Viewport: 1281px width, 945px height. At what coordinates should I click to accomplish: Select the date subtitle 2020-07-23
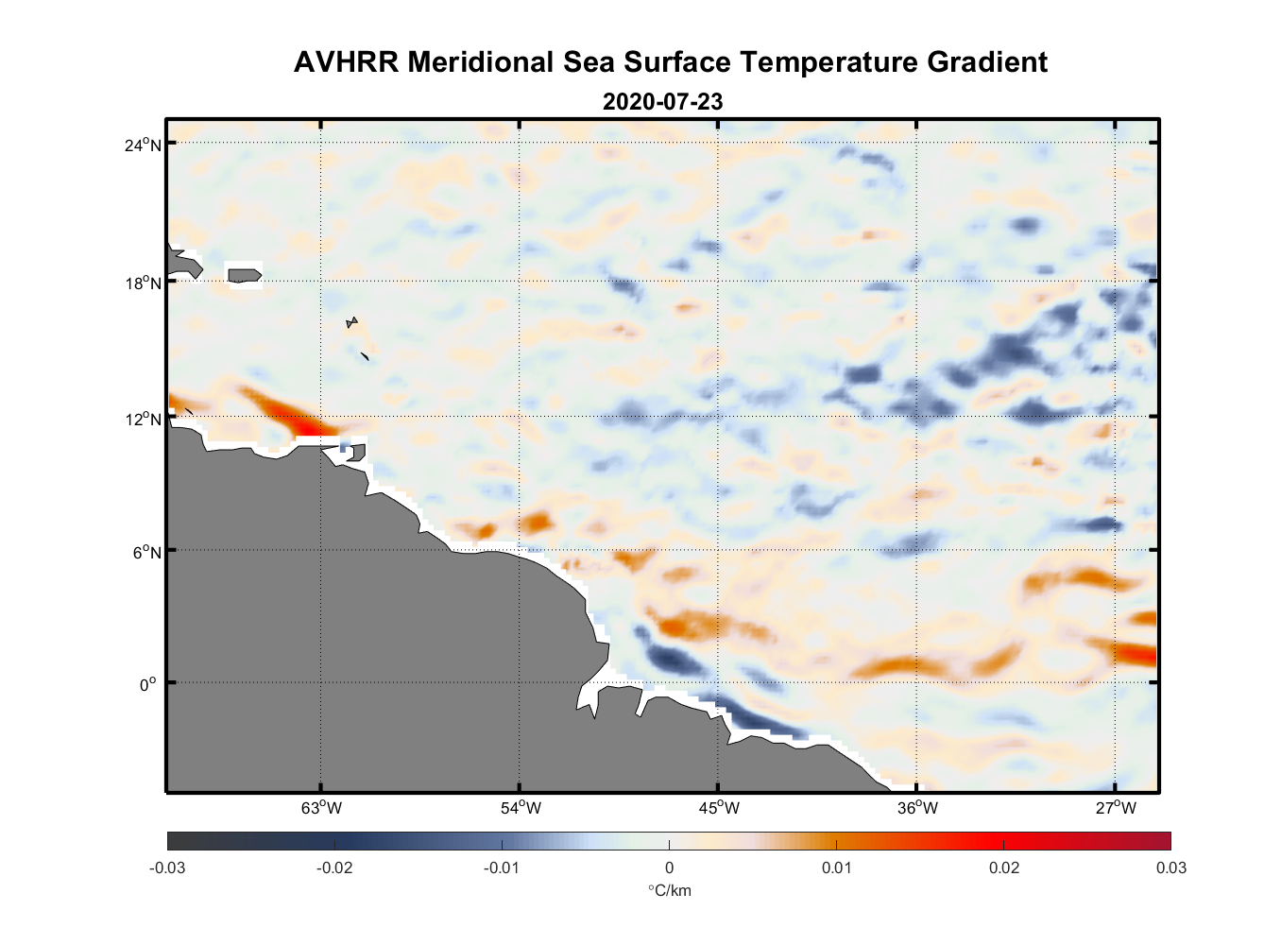(x=662, y=101)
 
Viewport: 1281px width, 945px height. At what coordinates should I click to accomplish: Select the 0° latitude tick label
(x=149, y=684)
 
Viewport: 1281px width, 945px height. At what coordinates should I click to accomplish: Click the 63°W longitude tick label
(x=322, y=808)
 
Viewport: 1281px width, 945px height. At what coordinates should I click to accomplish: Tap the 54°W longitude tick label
(x=521, y=808)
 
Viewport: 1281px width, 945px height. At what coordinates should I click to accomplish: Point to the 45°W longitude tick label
(x=719, y=808)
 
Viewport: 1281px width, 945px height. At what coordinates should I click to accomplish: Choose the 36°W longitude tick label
(x=917, y=808)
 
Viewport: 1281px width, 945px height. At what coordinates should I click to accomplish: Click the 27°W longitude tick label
(x=1116, y=808)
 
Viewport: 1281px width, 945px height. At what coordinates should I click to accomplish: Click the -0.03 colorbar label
(x=167, y=868)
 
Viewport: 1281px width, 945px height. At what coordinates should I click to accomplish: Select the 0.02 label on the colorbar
(x=1004, y=868)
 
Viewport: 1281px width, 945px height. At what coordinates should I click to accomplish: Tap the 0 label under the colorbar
(x=669, y=868)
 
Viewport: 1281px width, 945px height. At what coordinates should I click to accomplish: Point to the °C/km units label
(x=669, y=890)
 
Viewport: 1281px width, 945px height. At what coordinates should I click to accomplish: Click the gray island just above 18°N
(x=245, y=275)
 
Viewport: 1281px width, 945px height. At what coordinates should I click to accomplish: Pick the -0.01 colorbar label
(x=502, y=868)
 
